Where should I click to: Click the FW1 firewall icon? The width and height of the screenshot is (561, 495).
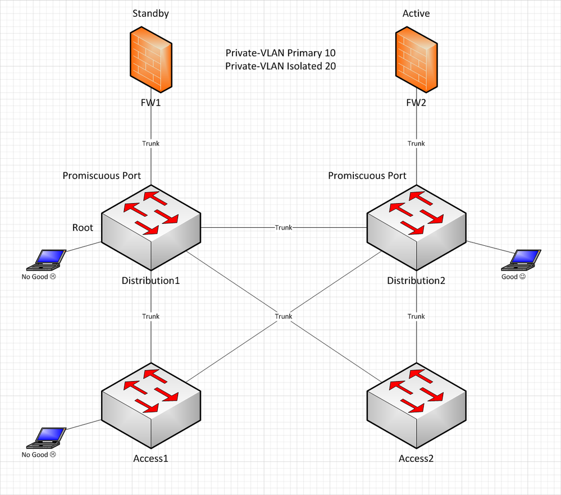coord(151,59)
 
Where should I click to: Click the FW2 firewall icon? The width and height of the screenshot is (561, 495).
coord(417,59)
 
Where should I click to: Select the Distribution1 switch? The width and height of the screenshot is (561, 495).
coord(151,227)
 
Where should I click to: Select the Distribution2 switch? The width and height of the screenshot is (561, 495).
coord(417,227)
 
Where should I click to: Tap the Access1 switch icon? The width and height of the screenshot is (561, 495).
coord(151,406)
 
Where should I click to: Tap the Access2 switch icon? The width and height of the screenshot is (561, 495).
coord(417,406)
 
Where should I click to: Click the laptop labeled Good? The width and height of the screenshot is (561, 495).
coord(521,260)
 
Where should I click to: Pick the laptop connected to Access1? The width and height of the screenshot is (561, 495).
coord(46,438)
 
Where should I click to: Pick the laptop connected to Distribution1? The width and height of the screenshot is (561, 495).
coord(46,260)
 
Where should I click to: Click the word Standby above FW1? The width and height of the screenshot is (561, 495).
coord(150,13)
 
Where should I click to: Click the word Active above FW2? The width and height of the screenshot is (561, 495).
coord(416,13)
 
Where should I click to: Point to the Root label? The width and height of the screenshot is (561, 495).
coord(83,227)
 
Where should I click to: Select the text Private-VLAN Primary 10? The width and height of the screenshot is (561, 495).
coord(281,53)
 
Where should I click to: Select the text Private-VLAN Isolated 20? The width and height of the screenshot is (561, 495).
coord(281,66)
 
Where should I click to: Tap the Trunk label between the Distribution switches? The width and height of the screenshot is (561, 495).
coord(284,227)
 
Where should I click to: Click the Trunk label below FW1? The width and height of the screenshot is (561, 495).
coord(150,144)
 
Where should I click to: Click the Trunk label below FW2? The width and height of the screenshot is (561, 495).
coord(416,144)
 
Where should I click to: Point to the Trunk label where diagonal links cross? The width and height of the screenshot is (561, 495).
coord(284,317)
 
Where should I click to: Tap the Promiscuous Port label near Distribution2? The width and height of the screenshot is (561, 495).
coord(367,176)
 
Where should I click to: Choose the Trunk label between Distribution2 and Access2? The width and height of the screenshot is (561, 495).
coord(416,317)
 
